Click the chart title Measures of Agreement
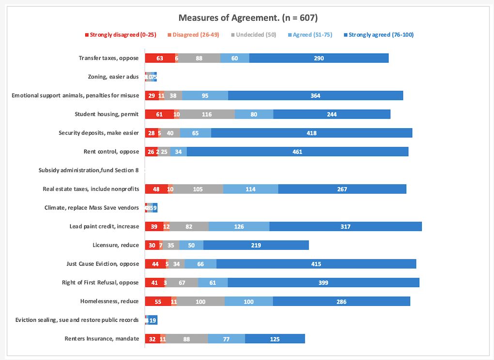[247, 18]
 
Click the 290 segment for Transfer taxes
[319, 58]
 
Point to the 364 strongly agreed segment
[315, 95]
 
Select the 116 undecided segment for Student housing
[207, 114]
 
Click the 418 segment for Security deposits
[311, 133]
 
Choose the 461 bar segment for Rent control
[297, 152]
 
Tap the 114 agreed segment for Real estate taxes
[250, 189]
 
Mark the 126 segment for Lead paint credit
[239, 226]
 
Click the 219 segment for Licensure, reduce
[256, 245]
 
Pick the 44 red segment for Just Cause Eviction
[155, 264]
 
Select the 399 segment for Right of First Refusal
[323, 283]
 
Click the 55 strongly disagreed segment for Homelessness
[158, 301]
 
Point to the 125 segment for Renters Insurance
[275, 339]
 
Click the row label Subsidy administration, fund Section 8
[89, 170]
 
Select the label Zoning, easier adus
[113, 77]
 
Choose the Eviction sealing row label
[77, 320]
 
